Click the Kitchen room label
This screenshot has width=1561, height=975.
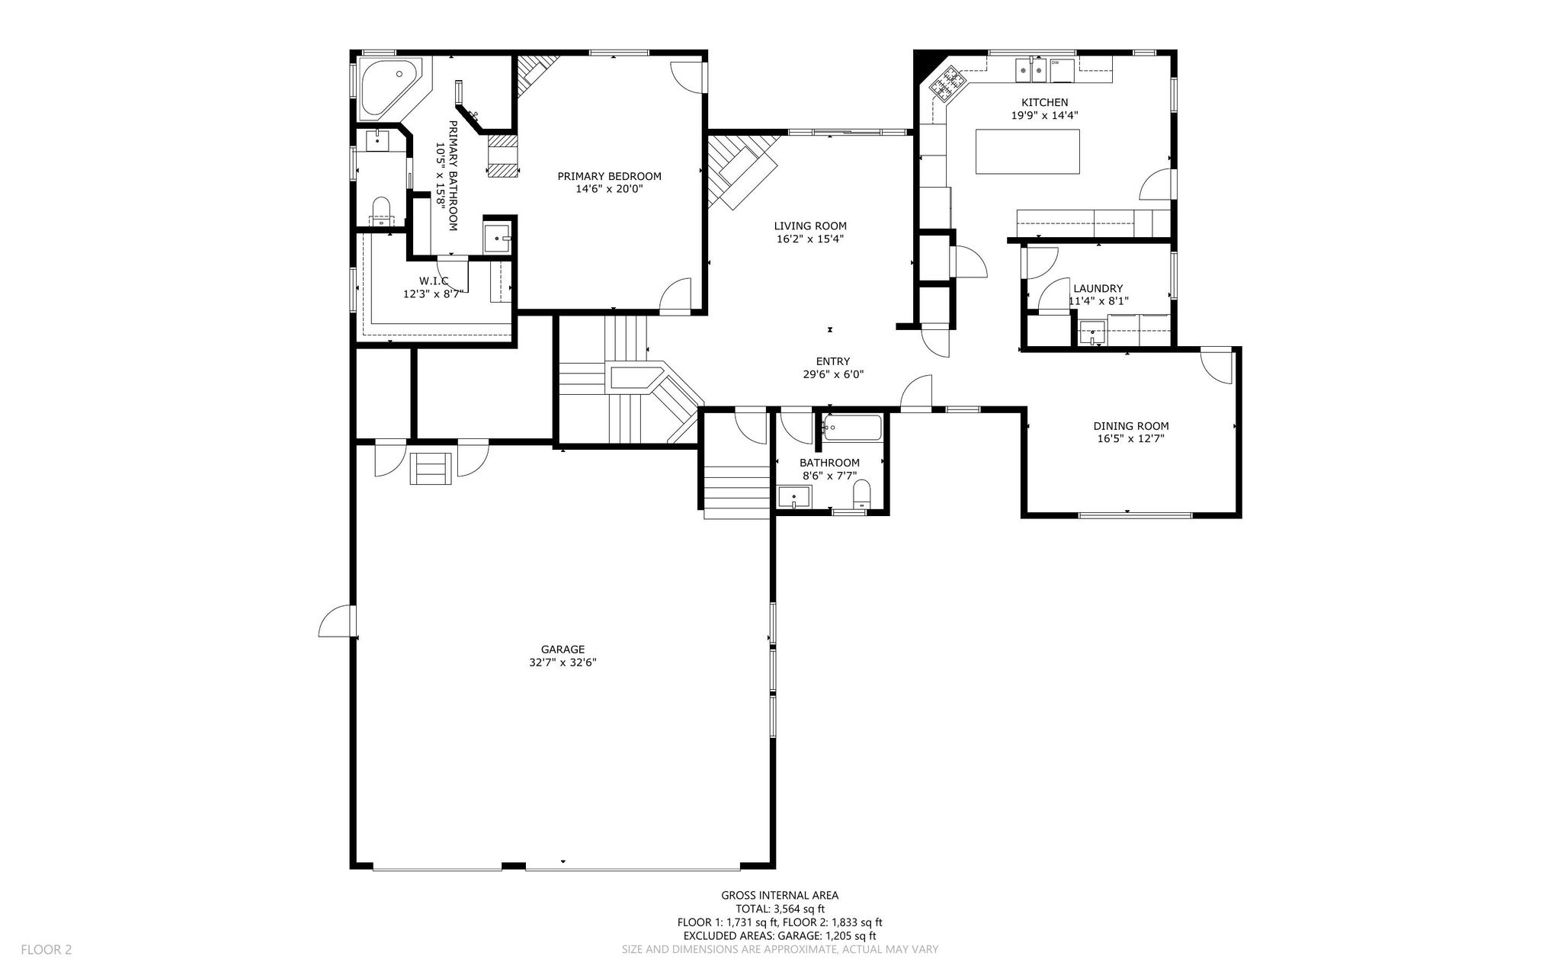click(1044, 102)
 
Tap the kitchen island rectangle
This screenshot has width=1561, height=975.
click(1027, 152)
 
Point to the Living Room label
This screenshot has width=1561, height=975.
click(810, 226)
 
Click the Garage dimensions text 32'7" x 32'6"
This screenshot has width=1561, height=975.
click(563, 662)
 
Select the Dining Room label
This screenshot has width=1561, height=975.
click(1131, 426)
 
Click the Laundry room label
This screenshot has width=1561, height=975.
click(1098, 288)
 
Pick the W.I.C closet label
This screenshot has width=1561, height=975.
click(434, 281)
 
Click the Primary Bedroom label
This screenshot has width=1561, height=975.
click(609, 176)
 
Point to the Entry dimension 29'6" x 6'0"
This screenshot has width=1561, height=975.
click(833, 374)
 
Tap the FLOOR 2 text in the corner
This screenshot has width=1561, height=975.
click(46, 950)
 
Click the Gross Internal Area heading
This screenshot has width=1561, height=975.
click(780, 896)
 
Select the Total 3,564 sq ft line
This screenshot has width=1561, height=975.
click(780, 909)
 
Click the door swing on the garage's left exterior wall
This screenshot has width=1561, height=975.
click(335, 621)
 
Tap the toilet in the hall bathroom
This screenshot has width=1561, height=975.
click(861, 494)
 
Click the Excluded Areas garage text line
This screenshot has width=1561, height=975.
click(780, 935)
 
